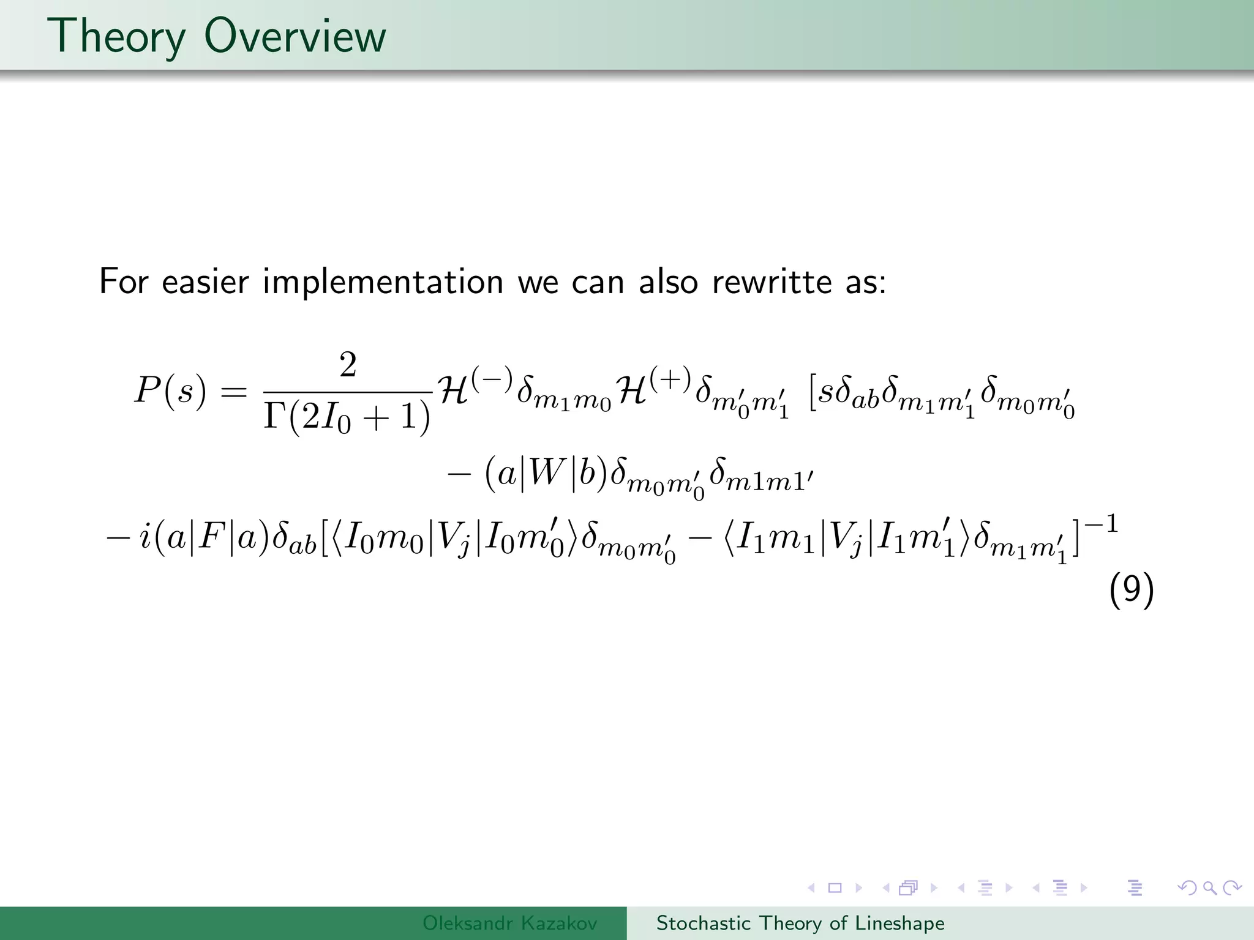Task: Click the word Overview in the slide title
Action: [295, 37]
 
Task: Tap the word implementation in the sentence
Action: [383, 283]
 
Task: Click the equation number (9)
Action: [1132, 591]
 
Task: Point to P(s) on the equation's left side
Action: [170, 390]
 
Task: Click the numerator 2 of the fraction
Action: [348, 365]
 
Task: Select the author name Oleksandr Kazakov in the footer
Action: [509, 923]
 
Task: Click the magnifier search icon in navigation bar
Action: [1209, 888]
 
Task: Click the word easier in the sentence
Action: [205, 283]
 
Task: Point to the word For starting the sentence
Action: [124, 283]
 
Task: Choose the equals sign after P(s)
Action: [233, 392]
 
